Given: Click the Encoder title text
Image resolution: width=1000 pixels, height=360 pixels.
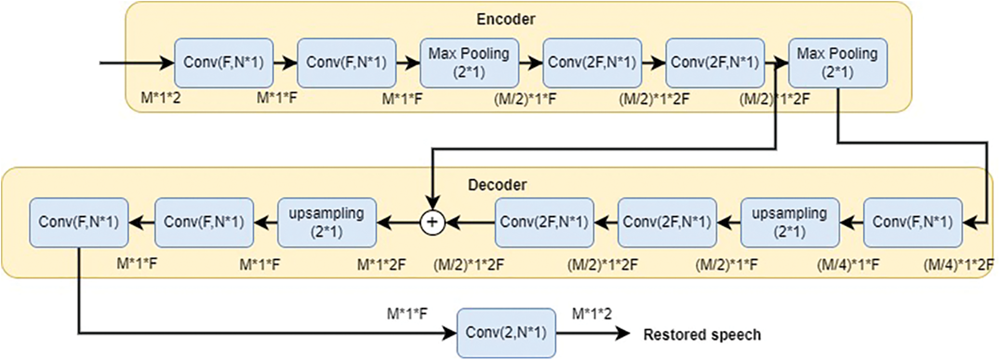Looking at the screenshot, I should tap(505, 19).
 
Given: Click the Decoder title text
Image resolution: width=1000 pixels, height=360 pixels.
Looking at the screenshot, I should tap(497, 185).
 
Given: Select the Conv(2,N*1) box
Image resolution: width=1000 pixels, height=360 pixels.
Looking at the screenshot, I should tap(506, 332).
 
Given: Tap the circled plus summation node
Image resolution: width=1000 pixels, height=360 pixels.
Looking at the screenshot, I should tap(432, 222).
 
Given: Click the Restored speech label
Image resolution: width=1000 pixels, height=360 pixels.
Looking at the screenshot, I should tap(702, 335).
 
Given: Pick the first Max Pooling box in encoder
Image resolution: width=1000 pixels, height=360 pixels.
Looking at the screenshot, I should tap(469, 62).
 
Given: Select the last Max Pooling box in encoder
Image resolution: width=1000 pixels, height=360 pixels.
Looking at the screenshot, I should tap(837, 62).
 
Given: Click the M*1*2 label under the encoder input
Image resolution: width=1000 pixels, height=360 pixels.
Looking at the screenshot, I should tap(161, 97).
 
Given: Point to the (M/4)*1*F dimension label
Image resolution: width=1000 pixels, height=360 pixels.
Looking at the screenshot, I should tap(848, 265).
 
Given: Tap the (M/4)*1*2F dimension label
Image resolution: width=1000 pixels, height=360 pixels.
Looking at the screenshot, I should tap(957, 265).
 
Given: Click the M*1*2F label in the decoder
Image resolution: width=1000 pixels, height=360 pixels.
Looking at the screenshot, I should tap(381, 265).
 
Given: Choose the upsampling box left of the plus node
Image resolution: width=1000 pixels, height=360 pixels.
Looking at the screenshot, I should tap(327, 222).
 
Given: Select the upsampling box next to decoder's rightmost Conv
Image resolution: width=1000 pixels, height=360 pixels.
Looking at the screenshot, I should tap(790, 222).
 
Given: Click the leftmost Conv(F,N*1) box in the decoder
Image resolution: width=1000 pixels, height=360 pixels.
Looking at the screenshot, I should tap(78, 222).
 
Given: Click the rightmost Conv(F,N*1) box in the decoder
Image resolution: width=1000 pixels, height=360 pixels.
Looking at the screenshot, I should tap(912, 222).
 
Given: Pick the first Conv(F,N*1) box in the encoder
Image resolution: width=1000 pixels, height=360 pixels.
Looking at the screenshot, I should tap(223, 62).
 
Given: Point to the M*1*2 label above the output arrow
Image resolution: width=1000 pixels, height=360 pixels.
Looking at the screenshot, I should tap(592, 314).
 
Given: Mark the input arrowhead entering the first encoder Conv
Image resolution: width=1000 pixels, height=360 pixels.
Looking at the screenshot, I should tap(168, 63).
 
